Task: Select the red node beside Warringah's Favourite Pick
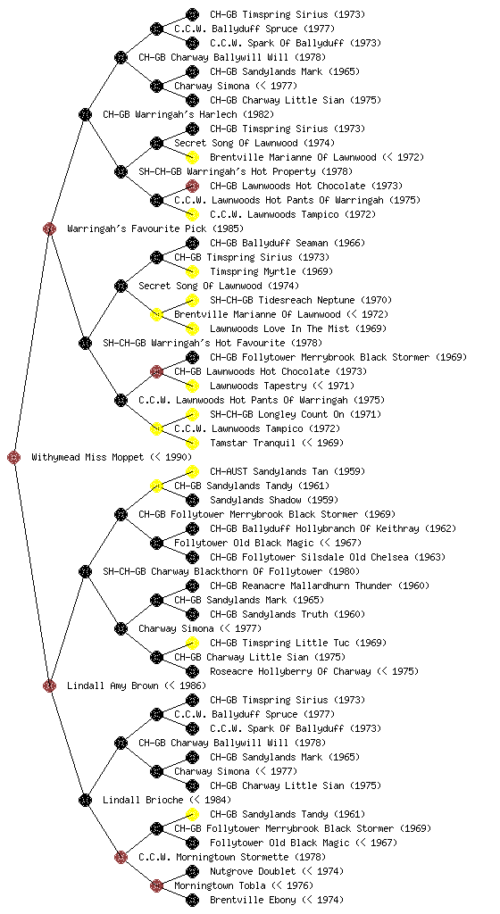[x=49, y=228]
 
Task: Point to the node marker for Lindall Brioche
[x=85, y=800]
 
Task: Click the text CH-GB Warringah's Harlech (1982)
[x=188, y=114]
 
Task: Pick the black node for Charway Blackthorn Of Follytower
[x=85, y=571]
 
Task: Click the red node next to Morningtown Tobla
[x=156, y=885]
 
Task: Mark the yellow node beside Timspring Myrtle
[x=192, y=271]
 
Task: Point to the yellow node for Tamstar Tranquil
[x=192, y=443]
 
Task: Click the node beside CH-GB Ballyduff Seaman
[x=192, y=243]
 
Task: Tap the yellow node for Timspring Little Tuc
[x=192, y=643]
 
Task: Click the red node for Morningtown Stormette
[x=121, y=857]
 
